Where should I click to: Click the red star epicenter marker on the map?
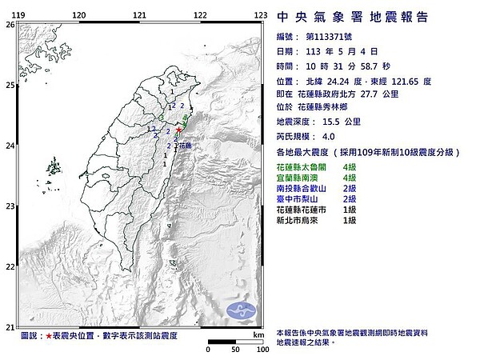pyautogui.click(x=178, y=130)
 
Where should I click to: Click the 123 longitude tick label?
pyautogui.click(x=260, y=15)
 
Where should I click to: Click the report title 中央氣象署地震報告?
pyautogui.click(x=350, y=17)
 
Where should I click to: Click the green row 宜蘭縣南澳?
pyautogui.click(x=297, y=177)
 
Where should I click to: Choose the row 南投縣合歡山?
pyautogui.click(x=302, y=188)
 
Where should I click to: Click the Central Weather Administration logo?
pyautogui.click(x=239, y=310)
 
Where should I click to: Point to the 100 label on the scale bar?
pyautogui.click(x=261, y=350)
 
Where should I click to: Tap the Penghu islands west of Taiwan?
pyautogui.click(x=55, y=168)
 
